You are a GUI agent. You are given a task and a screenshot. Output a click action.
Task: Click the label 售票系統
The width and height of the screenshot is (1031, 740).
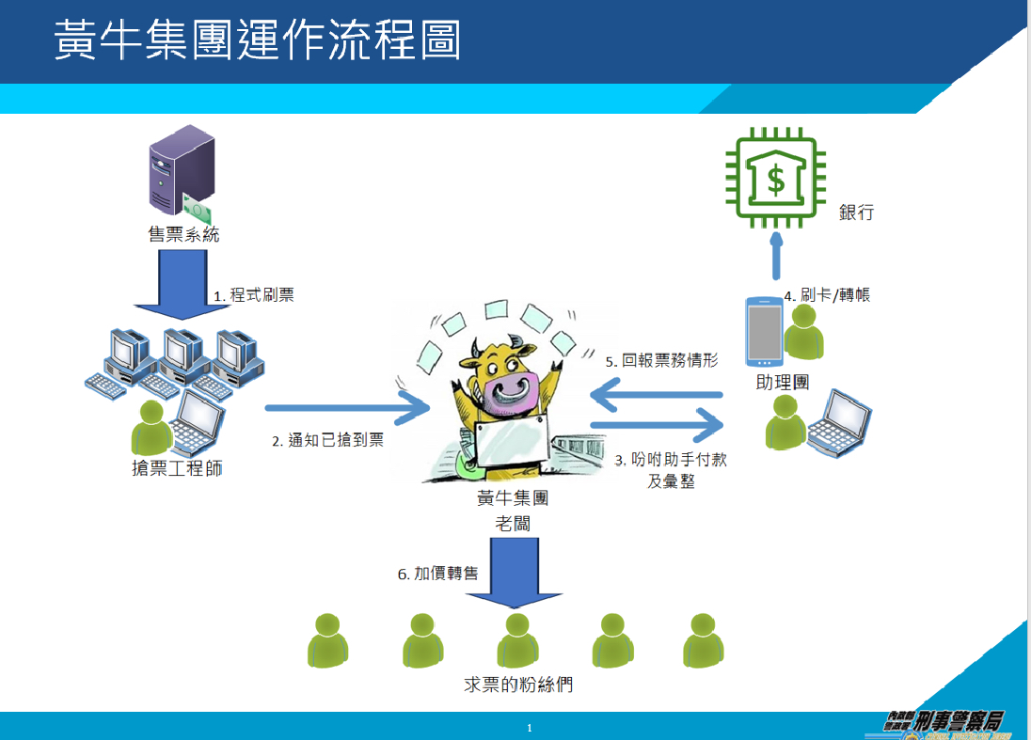coord(183,234)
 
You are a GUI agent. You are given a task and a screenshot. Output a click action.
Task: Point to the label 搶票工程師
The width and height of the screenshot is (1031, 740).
coord(178,467)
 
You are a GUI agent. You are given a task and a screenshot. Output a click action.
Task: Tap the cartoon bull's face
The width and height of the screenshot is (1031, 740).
coord(509,386)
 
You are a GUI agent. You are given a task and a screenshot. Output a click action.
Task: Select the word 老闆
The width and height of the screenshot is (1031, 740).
coord(513,523)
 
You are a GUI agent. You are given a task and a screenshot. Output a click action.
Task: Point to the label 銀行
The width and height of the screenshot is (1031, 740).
coord(856,213)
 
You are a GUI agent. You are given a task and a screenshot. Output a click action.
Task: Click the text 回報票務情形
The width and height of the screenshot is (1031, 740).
coord(662,360)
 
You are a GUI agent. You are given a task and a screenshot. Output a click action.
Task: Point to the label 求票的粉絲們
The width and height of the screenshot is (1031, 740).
coord(518,685)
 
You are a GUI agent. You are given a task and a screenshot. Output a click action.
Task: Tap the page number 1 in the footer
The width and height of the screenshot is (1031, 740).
coord(530,728)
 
